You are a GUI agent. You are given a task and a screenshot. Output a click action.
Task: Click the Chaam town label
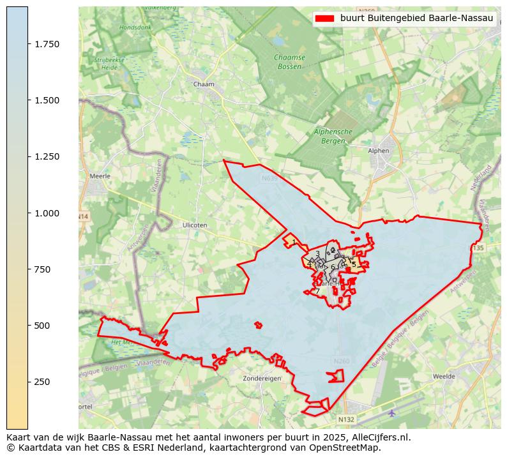[203, 84]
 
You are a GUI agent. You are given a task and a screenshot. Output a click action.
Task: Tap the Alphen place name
[379, 151]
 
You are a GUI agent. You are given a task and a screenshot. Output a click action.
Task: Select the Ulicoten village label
[195, 225]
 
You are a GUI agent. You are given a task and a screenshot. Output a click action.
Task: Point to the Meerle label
[100, 176]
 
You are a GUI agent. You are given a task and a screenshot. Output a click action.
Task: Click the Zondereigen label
[262, 379]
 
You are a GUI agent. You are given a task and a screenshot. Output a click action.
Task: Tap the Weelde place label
[444, 377]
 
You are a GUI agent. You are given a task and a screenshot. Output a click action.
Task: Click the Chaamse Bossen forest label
[289, 62]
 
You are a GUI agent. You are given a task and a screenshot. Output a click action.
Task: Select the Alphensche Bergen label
[333, 136]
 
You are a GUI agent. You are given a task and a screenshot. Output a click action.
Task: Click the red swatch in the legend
[324, 19]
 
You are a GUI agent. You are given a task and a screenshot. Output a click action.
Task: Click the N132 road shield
[345, 419]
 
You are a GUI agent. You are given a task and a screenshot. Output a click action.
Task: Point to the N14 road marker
[83, 217]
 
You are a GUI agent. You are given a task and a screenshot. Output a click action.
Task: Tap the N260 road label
[342, 361]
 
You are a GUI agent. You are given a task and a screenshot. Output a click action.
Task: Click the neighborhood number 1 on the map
[294, 242]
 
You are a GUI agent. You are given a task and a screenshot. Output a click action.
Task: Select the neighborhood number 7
[317, 292]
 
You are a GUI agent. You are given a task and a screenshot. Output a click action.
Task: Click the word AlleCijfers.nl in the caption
[374, 438]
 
